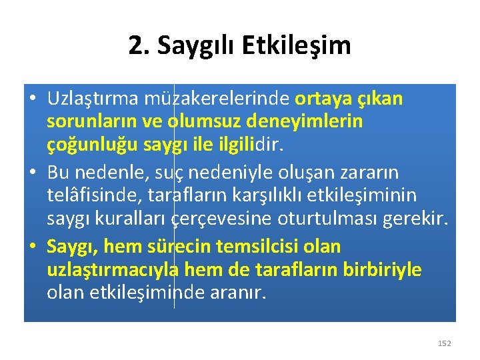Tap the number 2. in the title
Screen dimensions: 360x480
139,45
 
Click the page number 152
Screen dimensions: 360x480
445,343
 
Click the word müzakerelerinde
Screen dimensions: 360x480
216,99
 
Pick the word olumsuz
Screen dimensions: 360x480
203,123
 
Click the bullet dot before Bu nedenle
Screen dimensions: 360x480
33,173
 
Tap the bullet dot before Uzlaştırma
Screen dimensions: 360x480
33,99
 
